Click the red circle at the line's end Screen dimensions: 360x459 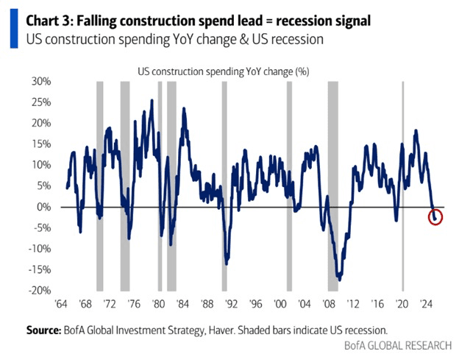435,217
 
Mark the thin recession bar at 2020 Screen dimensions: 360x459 402,184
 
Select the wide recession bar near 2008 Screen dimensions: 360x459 332,184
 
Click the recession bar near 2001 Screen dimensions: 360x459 289,184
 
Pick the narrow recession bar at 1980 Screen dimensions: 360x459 160,184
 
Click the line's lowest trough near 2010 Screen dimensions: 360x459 339,279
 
